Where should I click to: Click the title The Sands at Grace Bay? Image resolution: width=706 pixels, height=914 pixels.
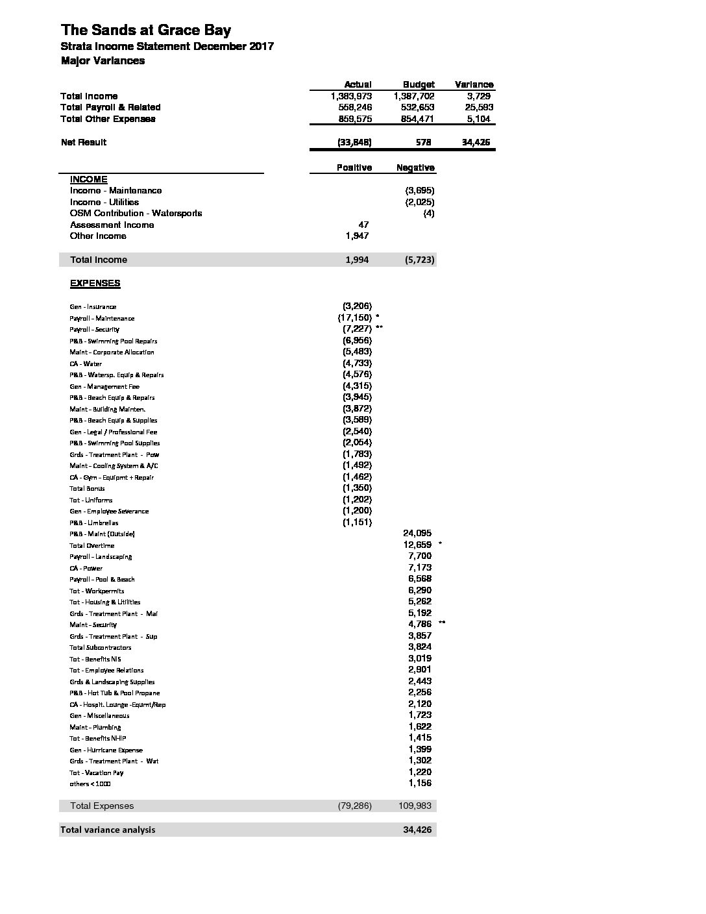pos(145,31)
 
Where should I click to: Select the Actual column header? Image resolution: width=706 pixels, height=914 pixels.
pos(358,84)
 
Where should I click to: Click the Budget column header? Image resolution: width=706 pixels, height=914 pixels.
pos(419,84)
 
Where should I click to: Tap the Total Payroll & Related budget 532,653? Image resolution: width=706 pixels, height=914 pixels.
pos(418,107)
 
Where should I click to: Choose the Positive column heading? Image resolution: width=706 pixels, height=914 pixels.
pos(354,167)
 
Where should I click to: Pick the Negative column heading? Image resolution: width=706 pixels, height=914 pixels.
pos(415,167)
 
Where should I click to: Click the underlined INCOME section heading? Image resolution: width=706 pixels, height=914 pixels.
pos(89,179)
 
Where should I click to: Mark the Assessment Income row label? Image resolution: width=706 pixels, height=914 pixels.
pos(112,225)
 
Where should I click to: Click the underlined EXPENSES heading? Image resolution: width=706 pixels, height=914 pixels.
pos(95,283)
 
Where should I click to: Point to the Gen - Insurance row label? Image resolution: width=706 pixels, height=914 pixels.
pos(93,306)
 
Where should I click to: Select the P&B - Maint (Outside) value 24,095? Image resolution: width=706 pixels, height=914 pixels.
pos(417,533)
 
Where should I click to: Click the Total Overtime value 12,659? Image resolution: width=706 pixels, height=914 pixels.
pos(417,545)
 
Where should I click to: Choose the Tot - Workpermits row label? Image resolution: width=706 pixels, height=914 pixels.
pos(97,591)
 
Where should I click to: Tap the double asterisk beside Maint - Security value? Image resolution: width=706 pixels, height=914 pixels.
pos(442,623)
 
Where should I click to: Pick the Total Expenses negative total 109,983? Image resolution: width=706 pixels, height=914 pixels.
pos(415,806)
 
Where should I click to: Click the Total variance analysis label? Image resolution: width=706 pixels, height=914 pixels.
pos(108,830)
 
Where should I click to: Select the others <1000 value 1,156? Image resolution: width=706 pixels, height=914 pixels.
pos(420,783)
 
